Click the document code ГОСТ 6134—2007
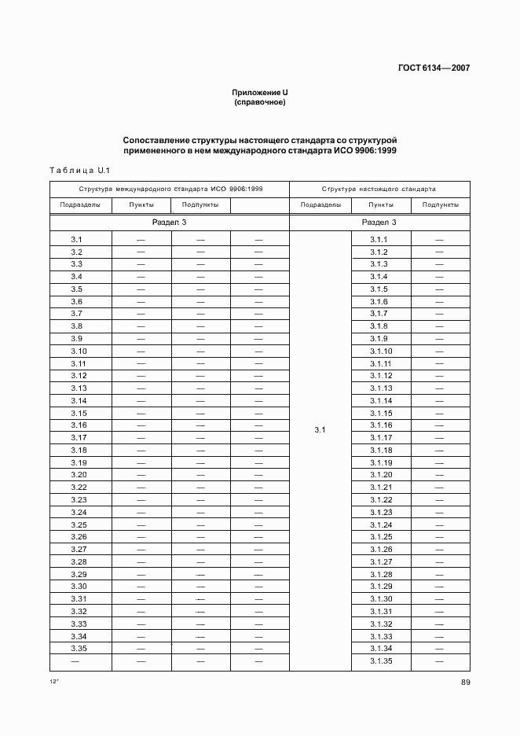click(x=433, y=68)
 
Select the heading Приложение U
click(x=259, y=93)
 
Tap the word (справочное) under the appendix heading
click(x=259, y=102)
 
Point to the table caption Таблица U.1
click(x=77, y=170)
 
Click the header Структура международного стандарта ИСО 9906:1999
click(x=170, y=190)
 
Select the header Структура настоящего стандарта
click(x=379, y=190)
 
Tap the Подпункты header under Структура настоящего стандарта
click(x=440, y=205)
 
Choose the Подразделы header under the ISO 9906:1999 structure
click(x=80, y=205)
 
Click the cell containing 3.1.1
click(x=379, y=239)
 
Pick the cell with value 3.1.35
click(x=380, y=661)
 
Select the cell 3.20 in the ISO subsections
click(x=79, y=475)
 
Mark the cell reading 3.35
click(x=79, y=649)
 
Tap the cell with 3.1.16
click(x=380, y=425)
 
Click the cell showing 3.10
click(x=79, y=351)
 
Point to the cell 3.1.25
click(x=380, y=537)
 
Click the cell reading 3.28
click(x=79, y=562)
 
